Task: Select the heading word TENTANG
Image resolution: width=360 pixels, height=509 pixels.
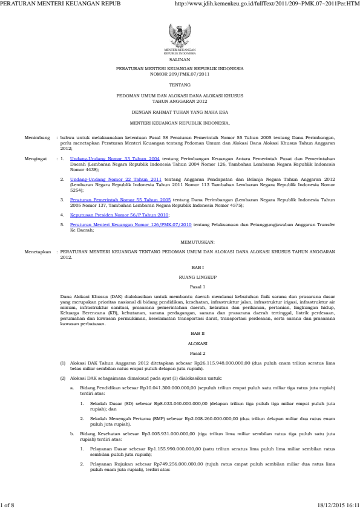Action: [x=180, y=86]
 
